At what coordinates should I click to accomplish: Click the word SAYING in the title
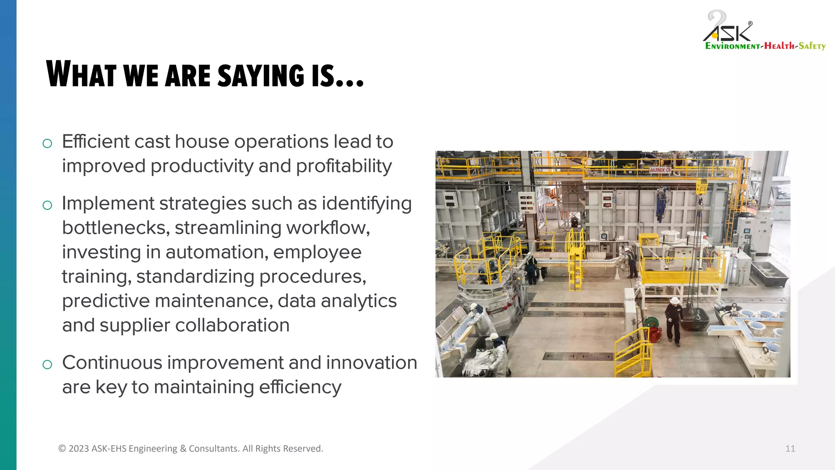(261, 75)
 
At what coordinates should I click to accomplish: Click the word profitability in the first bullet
(344, 166)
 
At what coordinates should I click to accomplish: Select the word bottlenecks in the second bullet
(115, 228)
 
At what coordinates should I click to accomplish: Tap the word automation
(216, 253)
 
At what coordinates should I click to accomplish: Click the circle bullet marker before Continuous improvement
(47, 364)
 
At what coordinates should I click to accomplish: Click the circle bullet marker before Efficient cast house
(47, 143)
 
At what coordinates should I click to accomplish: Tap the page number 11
(790, 449)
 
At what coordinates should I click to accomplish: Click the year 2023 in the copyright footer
(78, 449)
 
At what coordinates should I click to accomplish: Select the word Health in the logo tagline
(779, 46)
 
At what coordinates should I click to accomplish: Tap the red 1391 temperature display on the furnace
(607, 198)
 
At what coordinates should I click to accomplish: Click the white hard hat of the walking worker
(674, 301)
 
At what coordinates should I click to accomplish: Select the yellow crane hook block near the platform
(701, 186)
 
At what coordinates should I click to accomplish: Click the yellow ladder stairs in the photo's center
(575, 269)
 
